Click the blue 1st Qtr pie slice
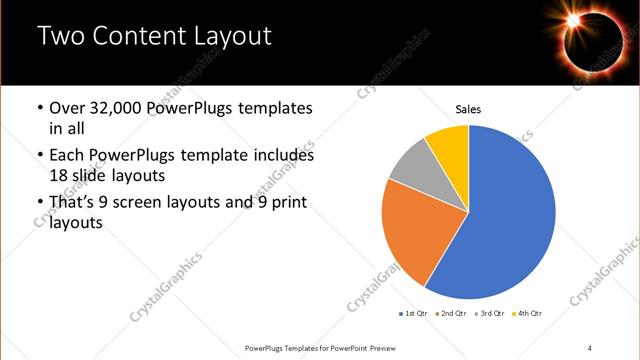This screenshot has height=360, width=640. click(x=510, y=220)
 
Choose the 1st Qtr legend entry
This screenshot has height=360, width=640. click(x=414, y=314)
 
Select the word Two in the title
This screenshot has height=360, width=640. click(x=61, y=37)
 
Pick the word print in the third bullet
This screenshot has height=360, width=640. click(x=289, y=203)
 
